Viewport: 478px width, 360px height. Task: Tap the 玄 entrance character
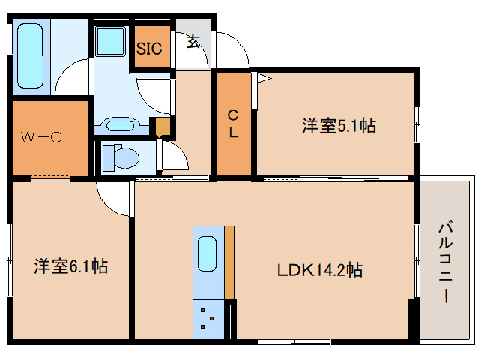tap(193, 41)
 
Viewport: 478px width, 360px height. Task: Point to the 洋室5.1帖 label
tap(339, 126)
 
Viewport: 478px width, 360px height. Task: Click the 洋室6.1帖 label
tap(70, 265)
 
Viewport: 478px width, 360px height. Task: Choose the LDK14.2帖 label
tap(320, 269)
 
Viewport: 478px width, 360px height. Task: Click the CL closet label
tap(234, 124)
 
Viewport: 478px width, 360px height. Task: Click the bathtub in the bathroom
tap(30, 56)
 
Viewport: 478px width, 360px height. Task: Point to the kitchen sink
tap(207, 255)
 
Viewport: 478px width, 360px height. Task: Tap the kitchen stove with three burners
tap(208, 318)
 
